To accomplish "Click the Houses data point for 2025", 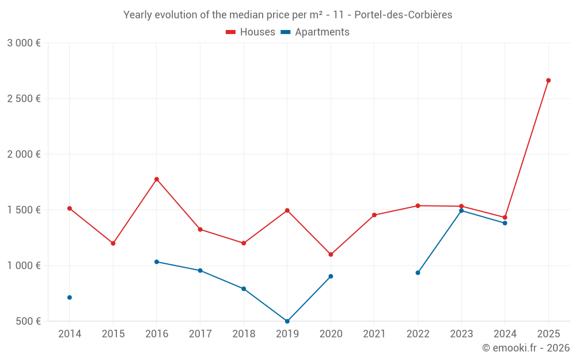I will tap(548, 81).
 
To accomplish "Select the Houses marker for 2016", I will tap(157, 179).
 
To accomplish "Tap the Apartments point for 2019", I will tap(287, 321).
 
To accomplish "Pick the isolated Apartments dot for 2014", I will tap(70, 297).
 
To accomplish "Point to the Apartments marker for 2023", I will tap(461, 211).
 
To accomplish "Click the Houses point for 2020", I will tap(331, 254).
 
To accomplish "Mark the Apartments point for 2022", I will tap(418, 272).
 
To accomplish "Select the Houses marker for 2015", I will tap(113, 243).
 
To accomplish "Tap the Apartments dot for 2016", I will tap(157, 262).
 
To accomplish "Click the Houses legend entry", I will tap(251, 32).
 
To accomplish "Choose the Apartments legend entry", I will tap(315, 32).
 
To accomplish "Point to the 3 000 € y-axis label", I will tap(24, 43).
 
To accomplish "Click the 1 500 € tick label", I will tap(24, 210).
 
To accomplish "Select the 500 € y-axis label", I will tap(28, 321).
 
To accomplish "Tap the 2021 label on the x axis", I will tap(374, 334).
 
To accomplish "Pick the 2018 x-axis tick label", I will tap(244, 334).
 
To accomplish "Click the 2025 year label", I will tap(548, 334).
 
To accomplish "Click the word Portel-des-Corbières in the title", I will tap(403, 15).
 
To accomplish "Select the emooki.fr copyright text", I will tap(526, 348).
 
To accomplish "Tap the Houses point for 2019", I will tap(287, 210).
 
